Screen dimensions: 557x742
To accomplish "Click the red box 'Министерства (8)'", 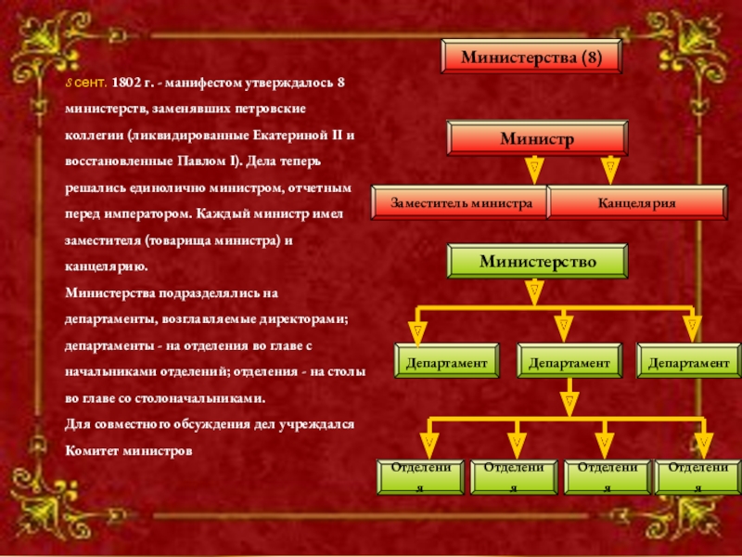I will (531, 58).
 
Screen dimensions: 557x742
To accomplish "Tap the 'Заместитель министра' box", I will (460, 202).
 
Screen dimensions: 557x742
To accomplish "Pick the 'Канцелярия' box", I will (636, 202).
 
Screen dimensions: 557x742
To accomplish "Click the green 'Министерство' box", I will (537, 261).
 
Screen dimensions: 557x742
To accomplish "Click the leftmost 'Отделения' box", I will (422, 476).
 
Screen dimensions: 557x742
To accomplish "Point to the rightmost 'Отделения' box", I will (698, 476).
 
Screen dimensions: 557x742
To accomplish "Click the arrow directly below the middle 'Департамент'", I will (569, 403).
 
